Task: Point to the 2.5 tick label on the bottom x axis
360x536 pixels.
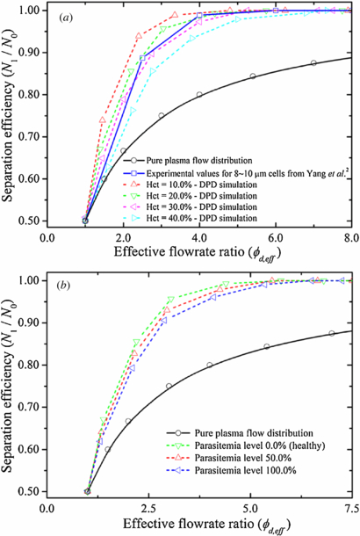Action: [x=144, y=507]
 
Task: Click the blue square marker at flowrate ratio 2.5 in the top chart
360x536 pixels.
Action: [x=144, y=58]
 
